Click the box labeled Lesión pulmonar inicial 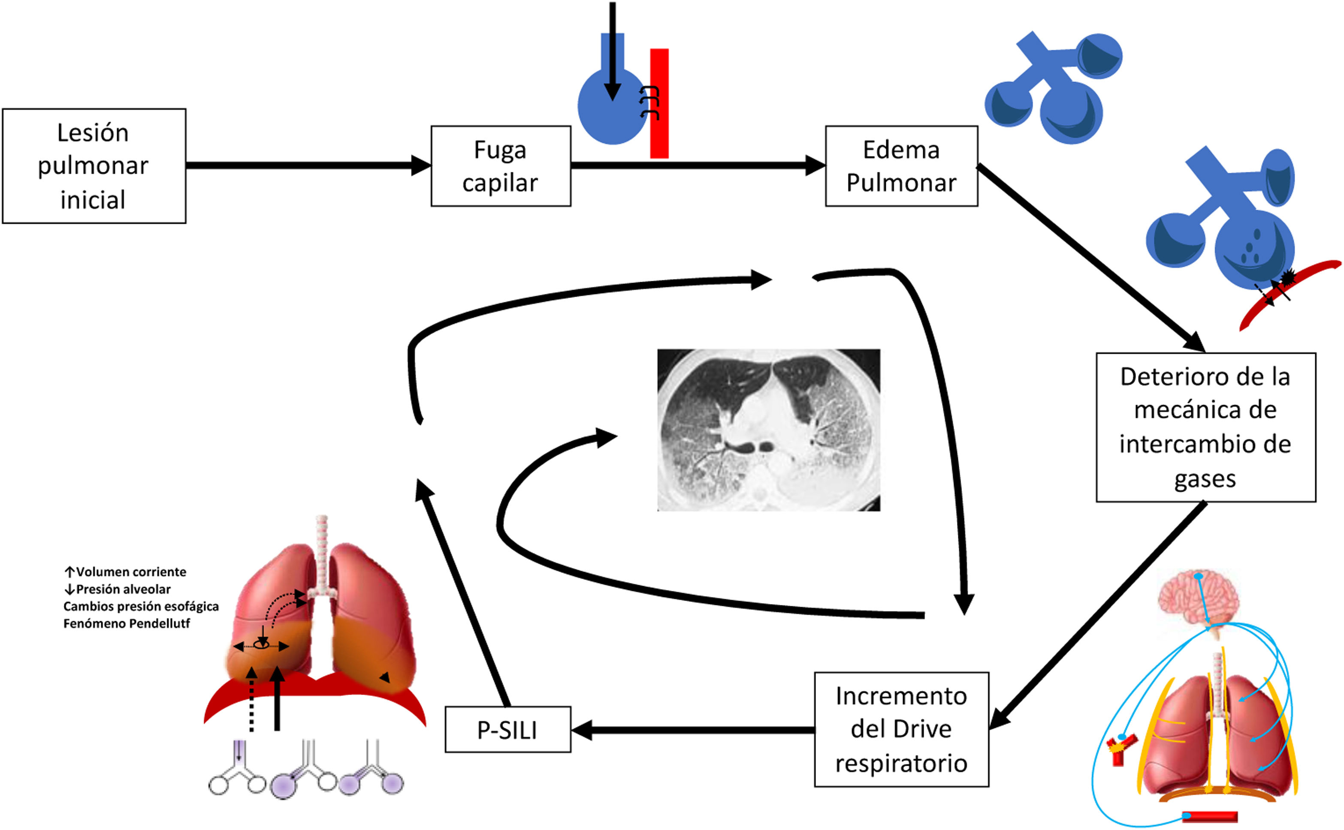pyautogui.click(x=94, y=166)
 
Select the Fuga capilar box pyautogui.click(x=500, y=166)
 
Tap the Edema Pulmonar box pyautogui.click(x=901, y=166)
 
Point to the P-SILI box pyautogui.click(x=507, y=730)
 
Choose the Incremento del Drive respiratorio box pyautogui.click(x=901, y=729)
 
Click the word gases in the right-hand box pyautogui.click(x=1205, y=479)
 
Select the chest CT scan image pyautogui.click(x=768, y=430)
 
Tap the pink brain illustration pyautogui.click(x=1197, y=598)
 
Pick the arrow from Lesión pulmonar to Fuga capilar pyautogui.click(x=308, y=165)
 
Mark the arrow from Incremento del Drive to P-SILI pyautogui.click(x=692, y=730)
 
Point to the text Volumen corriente pyautogui.click(x=131, y=572)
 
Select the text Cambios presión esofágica pyautogui.click(x=141, y=606)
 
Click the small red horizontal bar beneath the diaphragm pyautogui.click(x=1209, y=817)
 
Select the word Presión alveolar pyautogui.click(x=123, y=589)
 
